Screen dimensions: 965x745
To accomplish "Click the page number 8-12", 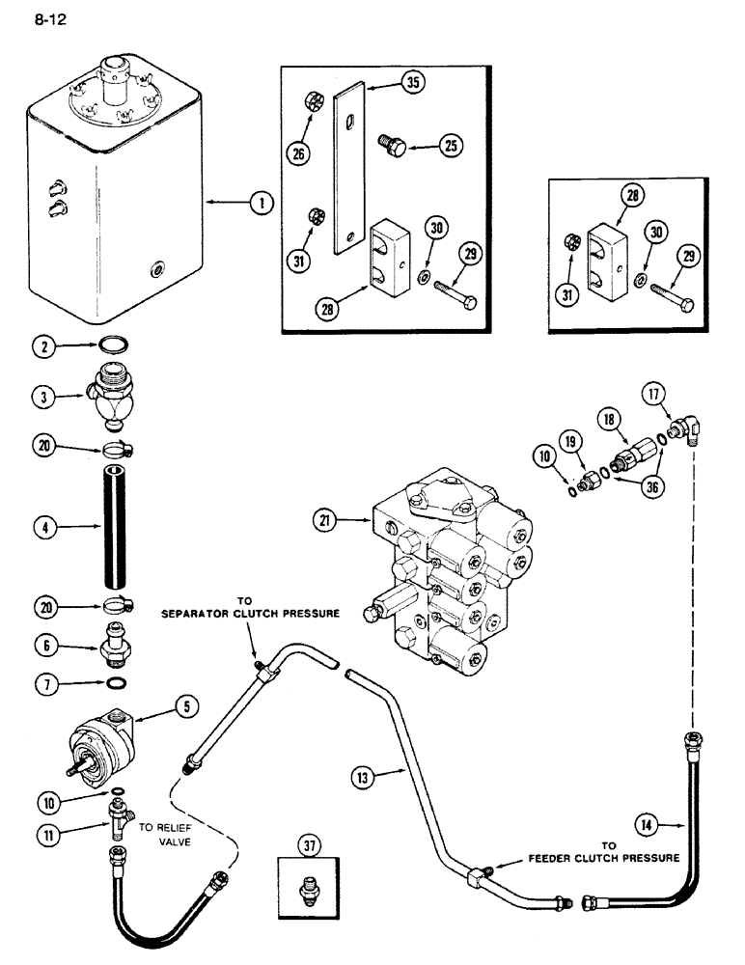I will [x=48, y=17].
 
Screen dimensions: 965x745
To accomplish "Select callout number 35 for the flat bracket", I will [x=413, y=83].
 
